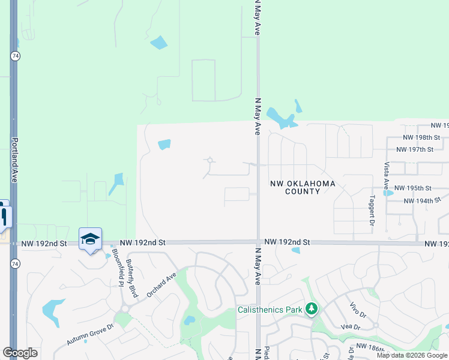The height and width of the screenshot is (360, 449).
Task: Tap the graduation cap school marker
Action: click(90, 239)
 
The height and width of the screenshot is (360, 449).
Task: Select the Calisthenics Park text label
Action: click(270, 310)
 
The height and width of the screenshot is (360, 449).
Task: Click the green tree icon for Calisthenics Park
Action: click(311, 310)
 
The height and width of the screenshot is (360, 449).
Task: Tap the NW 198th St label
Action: click(415, 138)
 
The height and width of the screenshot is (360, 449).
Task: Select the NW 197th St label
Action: click(415, 149)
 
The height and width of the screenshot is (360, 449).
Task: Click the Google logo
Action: click(20, 353)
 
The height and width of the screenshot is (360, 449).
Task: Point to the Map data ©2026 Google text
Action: click(411, 355)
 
